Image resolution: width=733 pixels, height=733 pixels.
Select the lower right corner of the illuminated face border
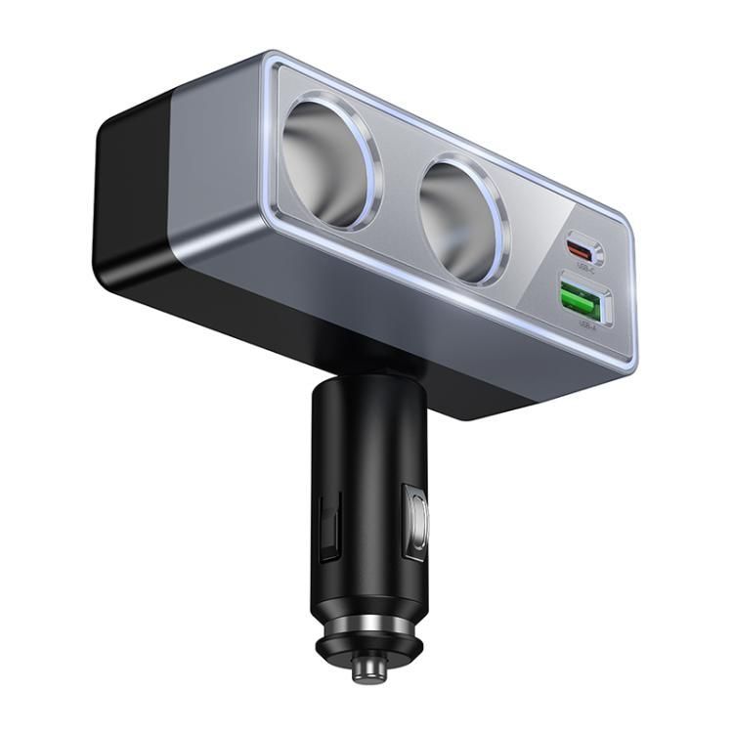630,366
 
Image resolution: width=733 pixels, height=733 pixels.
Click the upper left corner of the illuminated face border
275,65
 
